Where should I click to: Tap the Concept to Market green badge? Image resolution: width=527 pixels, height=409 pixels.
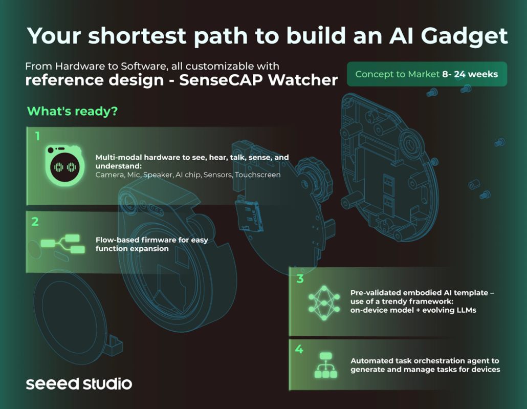tap(427, 74)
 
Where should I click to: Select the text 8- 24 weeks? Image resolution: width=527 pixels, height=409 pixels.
tap(470, 74)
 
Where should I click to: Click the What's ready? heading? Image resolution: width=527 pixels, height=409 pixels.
tap(72, 111)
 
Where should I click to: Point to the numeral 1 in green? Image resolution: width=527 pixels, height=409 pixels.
tap(37, 136)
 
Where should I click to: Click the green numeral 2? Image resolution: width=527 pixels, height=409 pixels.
tap(35, 222)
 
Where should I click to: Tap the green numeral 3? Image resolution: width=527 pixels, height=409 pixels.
tap(300, 279)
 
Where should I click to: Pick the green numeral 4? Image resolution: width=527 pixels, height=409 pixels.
tap(299, 350)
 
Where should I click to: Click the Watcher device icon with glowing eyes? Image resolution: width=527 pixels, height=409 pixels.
tap(64, 165)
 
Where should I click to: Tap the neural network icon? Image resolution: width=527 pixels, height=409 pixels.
tap(324, 303)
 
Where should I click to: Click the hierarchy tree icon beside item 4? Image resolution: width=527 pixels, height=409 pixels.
tap(326, 365)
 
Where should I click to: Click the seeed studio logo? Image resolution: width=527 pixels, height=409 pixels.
tap(79, 384)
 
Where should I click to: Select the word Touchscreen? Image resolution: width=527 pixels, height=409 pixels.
tap(257, 175)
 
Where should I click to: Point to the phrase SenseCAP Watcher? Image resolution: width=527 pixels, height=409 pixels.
tap(258, 80)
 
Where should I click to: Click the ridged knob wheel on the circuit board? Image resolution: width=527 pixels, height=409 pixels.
tap(314, 177)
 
